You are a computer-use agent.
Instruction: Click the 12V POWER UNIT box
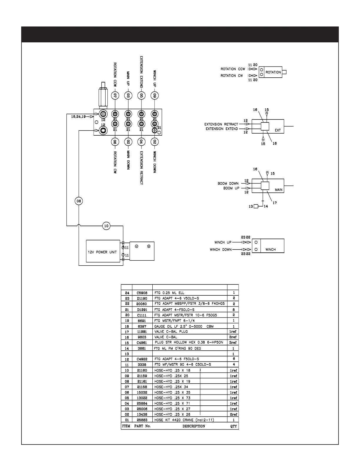click(x=103, y=252)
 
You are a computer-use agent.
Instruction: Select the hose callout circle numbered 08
click(x=79, y=201)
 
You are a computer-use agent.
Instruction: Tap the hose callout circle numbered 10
click(x=106, y=226)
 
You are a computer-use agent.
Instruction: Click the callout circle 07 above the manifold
click(x=115, y=95)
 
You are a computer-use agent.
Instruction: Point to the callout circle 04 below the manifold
click(x=141, y=142)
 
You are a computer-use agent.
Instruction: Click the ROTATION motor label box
click(x=273, y=72)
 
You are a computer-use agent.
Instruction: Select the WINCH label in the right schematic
click(x=271, y=249)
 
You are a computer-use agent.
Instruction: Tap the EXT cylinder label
click(x=278, y=130)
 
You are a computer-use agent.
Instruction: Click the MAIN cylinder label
click(x=279, y=190)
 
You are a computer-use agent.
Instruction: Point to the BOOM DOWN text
click(x=228, y=184)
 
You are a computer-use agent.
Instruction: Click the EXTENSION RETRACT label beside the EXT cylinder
click(x=221, y=124)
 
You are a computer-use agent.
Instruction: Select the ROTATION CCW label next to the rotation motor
click(x=233, y=69)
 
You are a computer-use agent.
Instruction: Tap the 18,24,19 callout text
click(x=78, y=117)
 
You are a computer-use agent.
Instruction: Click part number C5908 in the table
click(x=142, y=293)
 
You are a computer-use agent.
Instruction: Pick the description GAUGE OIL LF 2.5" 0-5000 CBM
click(x=184, y=326)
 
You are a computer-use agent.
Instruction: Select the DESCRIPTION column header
click(x=194, y=426)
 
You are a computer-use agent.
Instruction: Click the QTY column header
click(x=234, y=426)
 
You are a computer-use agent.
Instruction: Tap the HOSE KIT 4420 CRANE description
click(x=184, y=420)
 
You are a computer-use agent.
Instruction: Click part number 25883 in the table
click(x=142, y=420)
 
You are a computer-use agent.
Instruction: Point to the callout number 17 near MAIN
click(x=275, y=203)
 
